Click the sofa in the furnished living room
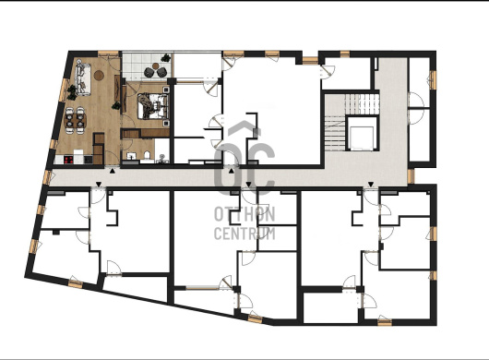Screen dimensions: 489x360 (83, 79)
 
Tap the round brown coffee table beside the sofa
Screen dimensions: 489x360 (99, 75)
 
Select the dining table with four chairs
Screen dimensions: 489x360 (75, 120)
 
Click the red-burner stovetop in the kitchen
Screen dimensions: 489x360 (68, 160)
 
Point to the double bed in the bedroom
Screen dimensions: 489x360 (153, 106)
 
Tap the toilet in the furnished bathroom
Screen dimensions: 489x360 (148, 155)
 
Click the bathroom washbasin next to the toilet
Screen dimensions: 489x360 (131, 156)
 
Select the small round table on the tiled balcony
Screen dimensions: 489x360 (155, 66)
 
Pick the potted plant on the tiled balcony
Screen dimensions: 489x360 (165, 58)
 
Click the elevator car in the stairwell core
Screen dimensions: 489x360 (362, 138)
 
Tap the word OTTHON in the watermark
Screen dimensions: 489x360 (244, 214)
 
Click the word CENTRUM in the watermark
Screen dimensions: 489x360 (244, 234)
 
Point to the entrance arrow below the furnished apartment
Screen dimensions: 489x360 (113, 171)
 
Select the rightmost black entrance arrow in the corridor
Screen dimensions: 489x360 (371, 184)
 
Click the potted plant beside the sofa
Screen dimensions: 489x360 (72, 92)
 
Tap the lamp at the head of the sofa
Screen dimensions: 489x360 (80, 61)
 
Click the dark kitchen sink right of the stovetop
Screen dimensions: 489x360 (89, 160)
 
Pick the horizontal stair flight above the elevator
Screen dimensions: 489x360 (362, 104)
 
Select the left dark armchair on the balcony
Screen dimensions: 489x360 (149, 72)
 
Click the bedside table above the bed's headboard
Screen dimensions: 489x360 (166, 90)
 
